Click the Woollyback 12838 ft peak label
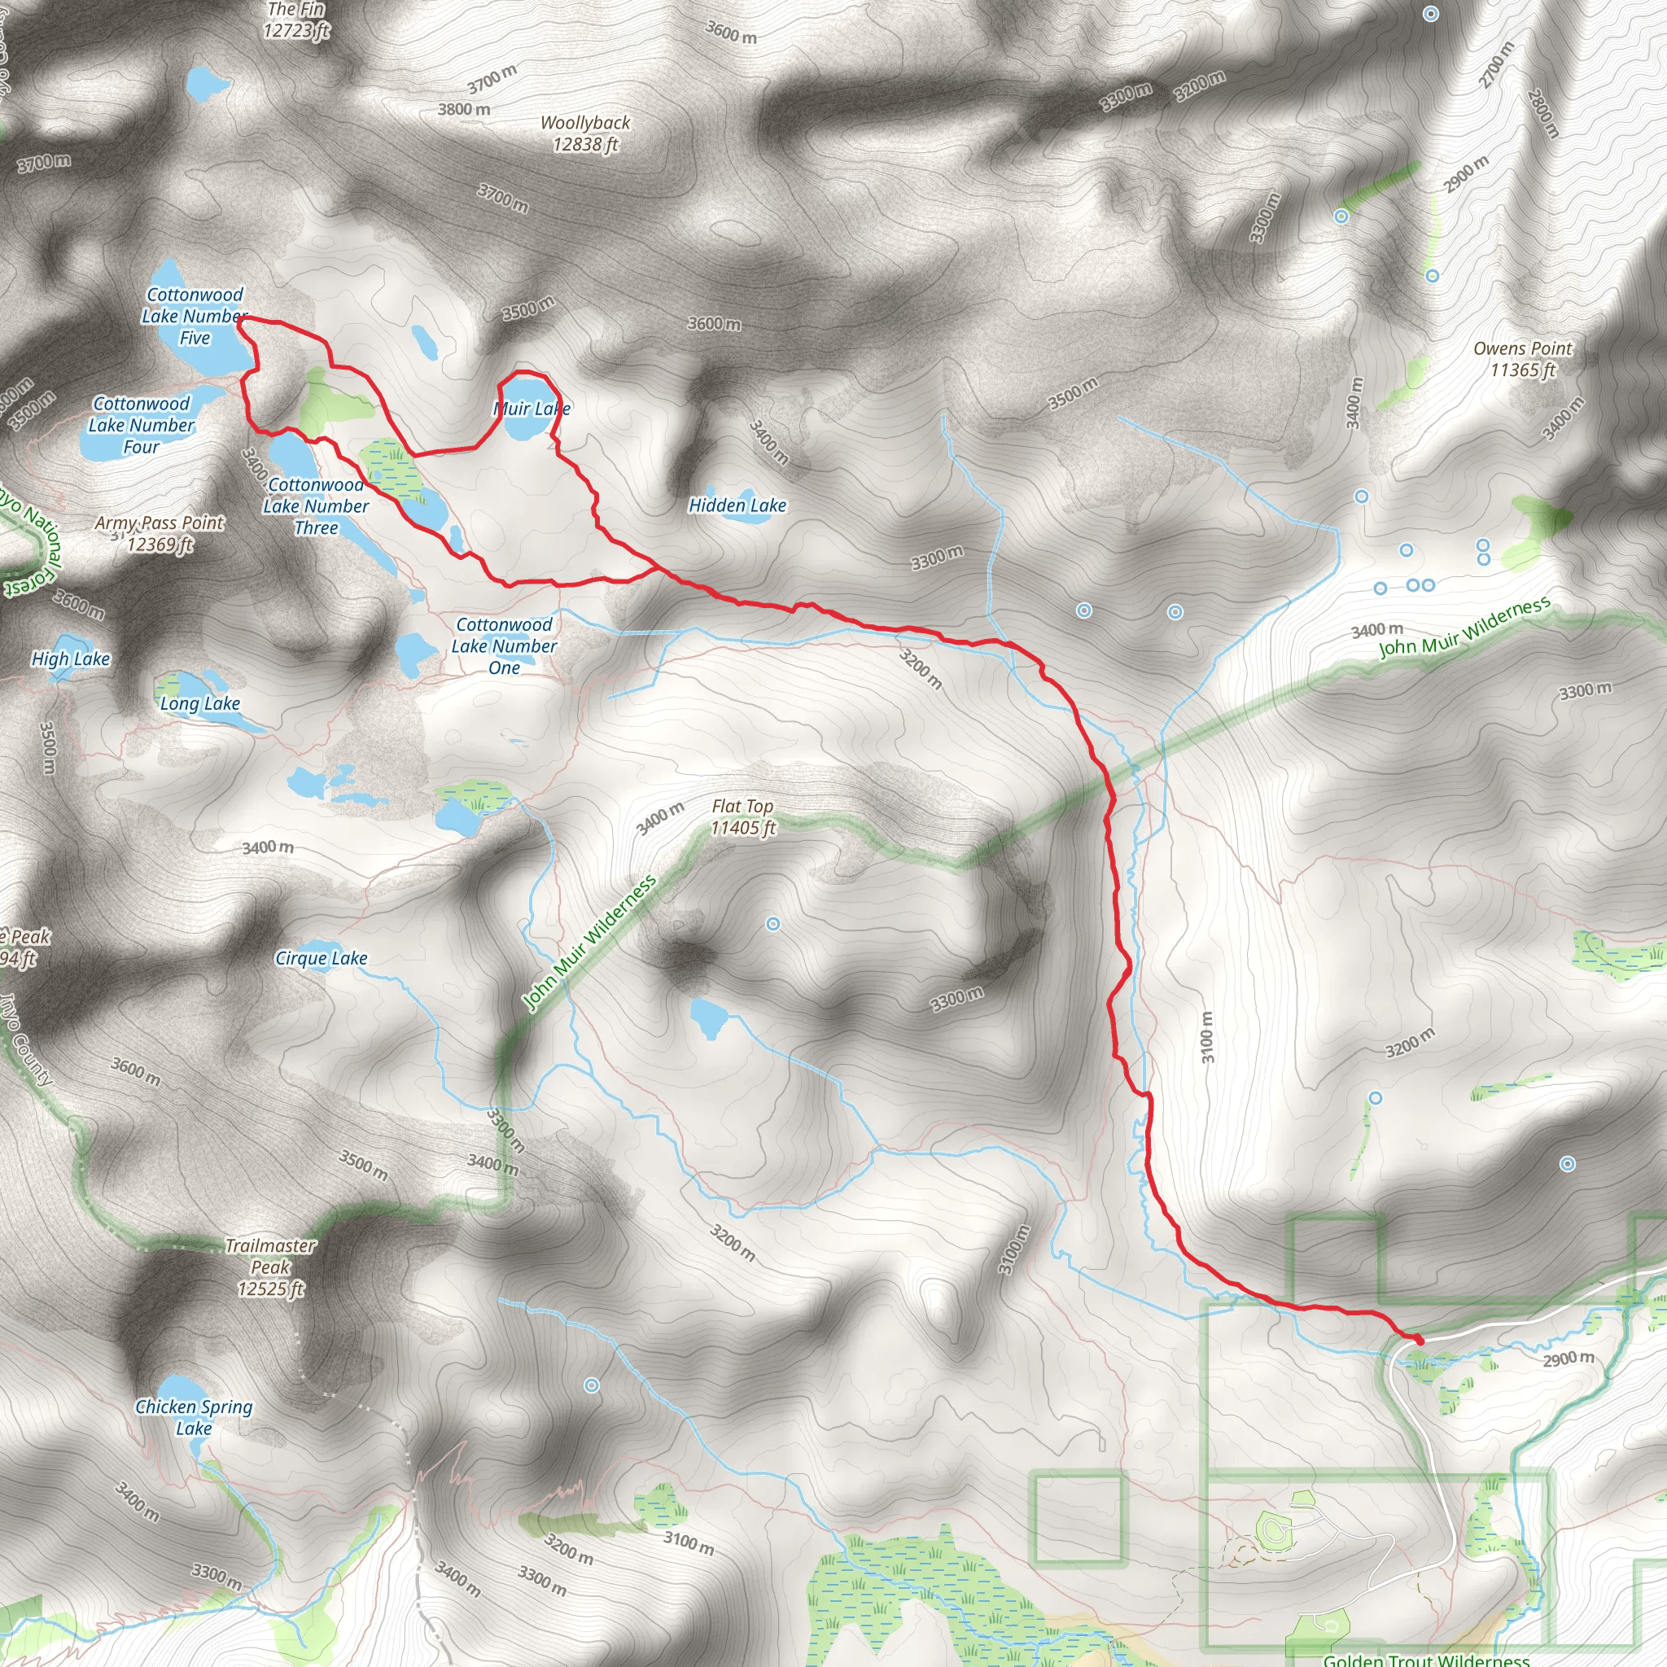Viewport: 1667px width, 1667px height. click(x=585, y=133)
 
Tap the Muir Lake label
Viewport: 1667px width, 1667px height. click(x=532, y=408)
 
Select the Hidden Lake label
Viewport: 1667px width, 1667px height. click(x=737, y=505)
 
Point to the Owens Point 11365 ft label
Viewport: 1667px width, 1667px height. click(x=1523, y=359)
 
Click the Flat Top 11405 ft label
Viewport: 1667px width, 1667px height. click(x=742, y=816)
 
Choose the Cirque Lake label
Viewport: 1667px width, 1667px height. click(x=321, y=958)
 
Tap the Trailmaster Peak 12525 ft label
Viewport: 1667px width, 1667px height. click(x=271, y=1267)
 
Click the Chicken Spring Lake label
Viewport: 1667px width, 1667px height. click(x=195, y=1417)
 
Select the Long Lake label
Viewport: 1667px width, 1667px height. click(x=200, y=703)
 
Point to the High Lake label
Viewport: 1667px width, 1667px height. click(x=71, y=658)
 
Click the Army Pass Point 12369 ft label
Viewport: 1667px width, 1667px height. click(x=160, y=533)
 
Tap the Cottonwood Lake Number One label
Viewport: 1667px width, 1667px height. click(x=505, y=645)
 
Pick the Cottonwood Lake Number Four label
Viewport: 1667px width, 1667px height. click(x=142, y=425)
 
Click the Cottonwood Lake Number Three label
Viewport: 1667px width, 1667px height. click(x=317, y=506)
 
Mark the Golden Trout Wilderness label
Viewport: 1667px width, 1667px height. click(x=1426, y=1658)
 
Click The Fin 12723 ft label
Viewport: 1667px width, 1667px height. click(x=296, y=20)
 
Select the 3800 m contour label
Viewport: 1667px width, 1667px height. click(x=464, y=110)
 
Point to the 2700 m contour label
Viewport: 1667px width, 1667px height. click(x=1497, y=65)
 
